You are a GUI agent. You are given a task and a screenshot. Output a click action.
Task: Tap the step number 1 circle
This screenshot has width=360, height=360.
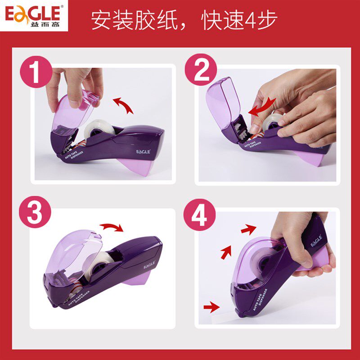click(36, 72)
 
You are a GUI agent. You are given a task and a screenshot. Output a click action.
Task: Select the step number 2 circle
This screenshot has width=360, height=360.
click(201, 70)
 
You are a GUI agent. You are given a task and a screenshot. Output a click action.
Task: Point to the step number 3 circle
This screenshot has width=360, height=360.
click(35, 211)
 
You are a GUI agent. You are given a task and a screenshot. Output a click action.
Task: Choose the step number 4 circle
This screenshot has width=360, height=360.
click(199, 215)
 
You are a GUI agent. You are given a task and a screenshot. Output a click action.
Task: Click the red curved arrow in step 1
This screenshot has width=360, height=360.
click(124, 104)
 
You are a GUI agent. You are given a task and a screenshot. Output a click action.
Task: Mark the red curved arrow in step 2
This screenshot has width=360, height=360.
click(262, 107)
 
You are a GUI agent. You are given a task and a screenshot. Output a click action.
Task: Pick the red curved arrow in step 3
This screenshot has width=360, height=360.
click(112, 227)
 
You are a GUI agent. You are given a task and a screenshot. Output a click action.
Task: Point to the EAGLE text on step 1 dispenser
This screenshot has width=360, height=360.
click(143, 152)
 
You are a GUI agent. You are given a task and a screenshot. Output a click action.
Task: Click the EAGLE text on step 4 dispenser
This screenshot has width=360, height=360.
click(316, 241)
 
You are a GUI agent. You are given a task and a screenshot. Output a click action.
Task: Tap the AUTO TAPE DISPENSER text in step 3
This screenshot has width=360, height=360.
click(79, 298)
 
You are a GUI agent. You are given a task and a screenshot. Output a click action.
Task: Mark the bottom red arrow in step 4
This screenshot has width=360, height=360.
click(211, 307)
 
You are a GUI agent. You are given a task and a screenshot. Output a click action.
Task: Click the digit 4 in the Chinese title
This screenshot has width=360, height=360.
click(251, 20)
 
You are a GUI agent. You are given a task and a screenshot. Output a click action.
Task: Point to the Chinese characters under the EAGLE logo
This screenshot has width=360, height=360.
click(45, 24)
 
